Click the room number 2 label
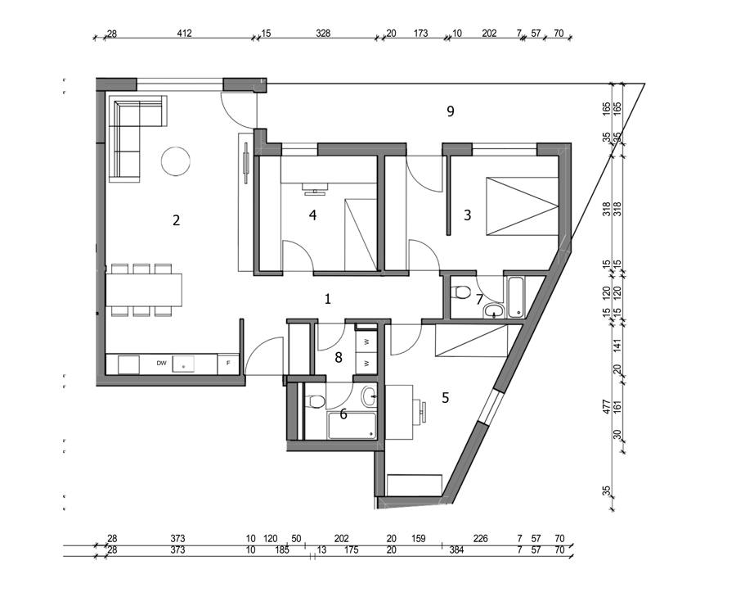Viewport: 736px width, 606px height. click(176, 220)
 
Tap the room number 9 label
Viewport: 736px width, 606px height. click(450, 111)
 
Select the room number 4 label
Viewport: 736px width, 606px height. click(312, 215)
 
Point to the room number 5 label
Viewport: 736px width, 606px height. click(445, 398)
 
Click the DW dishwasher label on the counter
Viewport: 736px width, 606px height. click(161, 364)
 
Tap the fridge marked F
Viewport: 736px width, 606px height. click(229, 364)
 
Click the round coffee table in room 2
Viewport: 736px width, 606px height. click(176, 161)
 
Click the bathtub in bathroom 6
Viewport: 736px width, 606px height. click(352, 426)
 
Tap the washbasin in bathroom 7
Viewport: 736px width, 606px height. click(494, 310)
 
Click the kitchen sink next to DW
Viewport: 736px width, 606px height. click(183, 364)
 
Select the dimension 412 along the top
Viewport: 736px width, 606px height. click(184, 34)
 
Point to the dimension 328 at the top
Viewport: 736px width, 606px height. click(323, 34)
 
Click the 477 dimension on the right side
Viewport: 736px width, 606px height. click(606, 407)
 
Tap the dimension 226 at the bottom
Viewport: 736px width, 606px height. click(481, 539)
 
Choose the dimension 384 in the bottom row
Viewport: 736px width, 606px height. click(456, 550)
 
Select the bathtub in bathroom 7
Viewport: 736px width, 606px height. click(515, 297)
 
